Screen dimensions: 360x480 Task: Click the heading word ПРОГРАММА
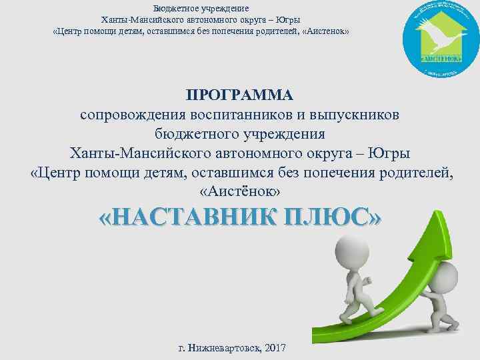239,94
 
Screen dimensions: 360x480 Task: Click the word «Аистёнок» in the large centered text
240,191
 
